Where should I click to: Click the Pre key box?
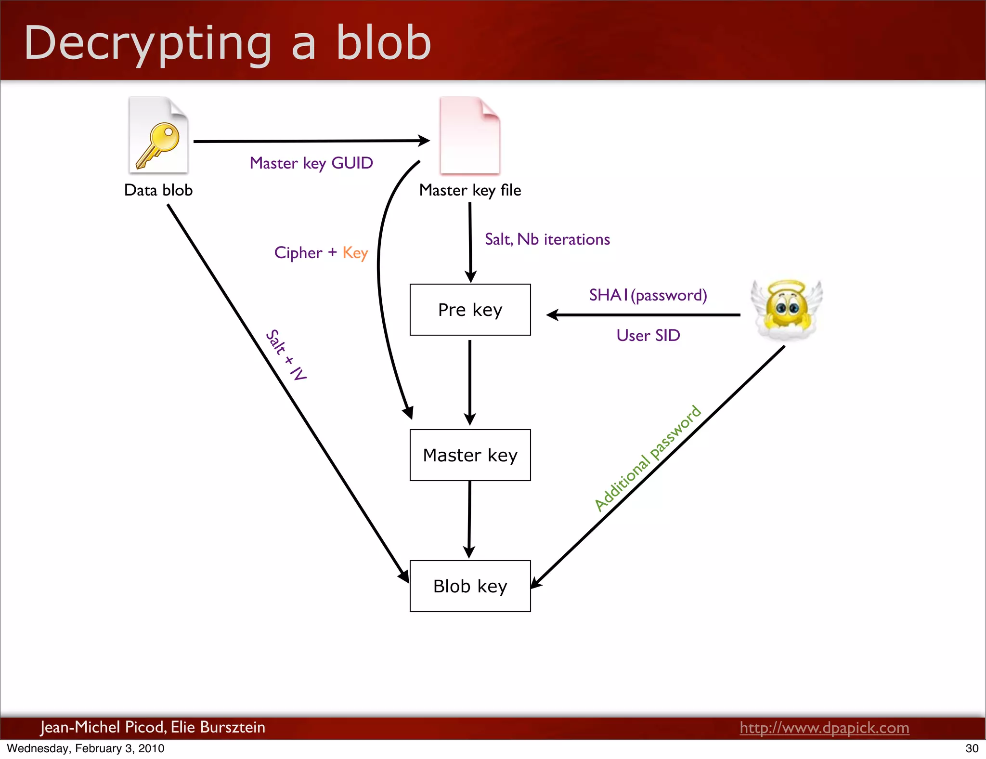click(x=470, y=310)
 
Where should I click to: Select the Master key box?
click(x=470, y=455)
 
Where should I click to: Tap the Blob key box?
click(x=470, y=586)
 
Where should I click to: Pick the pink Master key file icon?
click(x=470, y=136)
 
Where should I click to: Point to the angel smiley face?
click(x=786, y=310)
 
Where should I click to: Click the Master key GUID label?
click(x=311, y=163)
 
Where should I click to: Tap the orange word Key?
click(x=355, y=253)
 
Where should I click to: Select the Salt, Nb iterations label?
click(x=547, y=239)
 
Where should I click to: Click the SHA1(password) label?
click(x=648, y=295)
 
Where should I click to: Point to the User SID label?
click(x=648, y=335)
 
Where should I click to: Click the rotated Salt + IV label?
click(x=286, y=355)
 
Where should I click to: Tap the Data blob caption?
click(x=158, y=190)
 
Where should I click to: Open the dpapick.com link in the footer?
click(x=824, y=728)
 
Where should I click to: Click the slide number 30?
click(x=972, y=748)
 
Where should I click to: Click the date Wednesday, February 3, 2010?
click(x=86, y=748)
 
